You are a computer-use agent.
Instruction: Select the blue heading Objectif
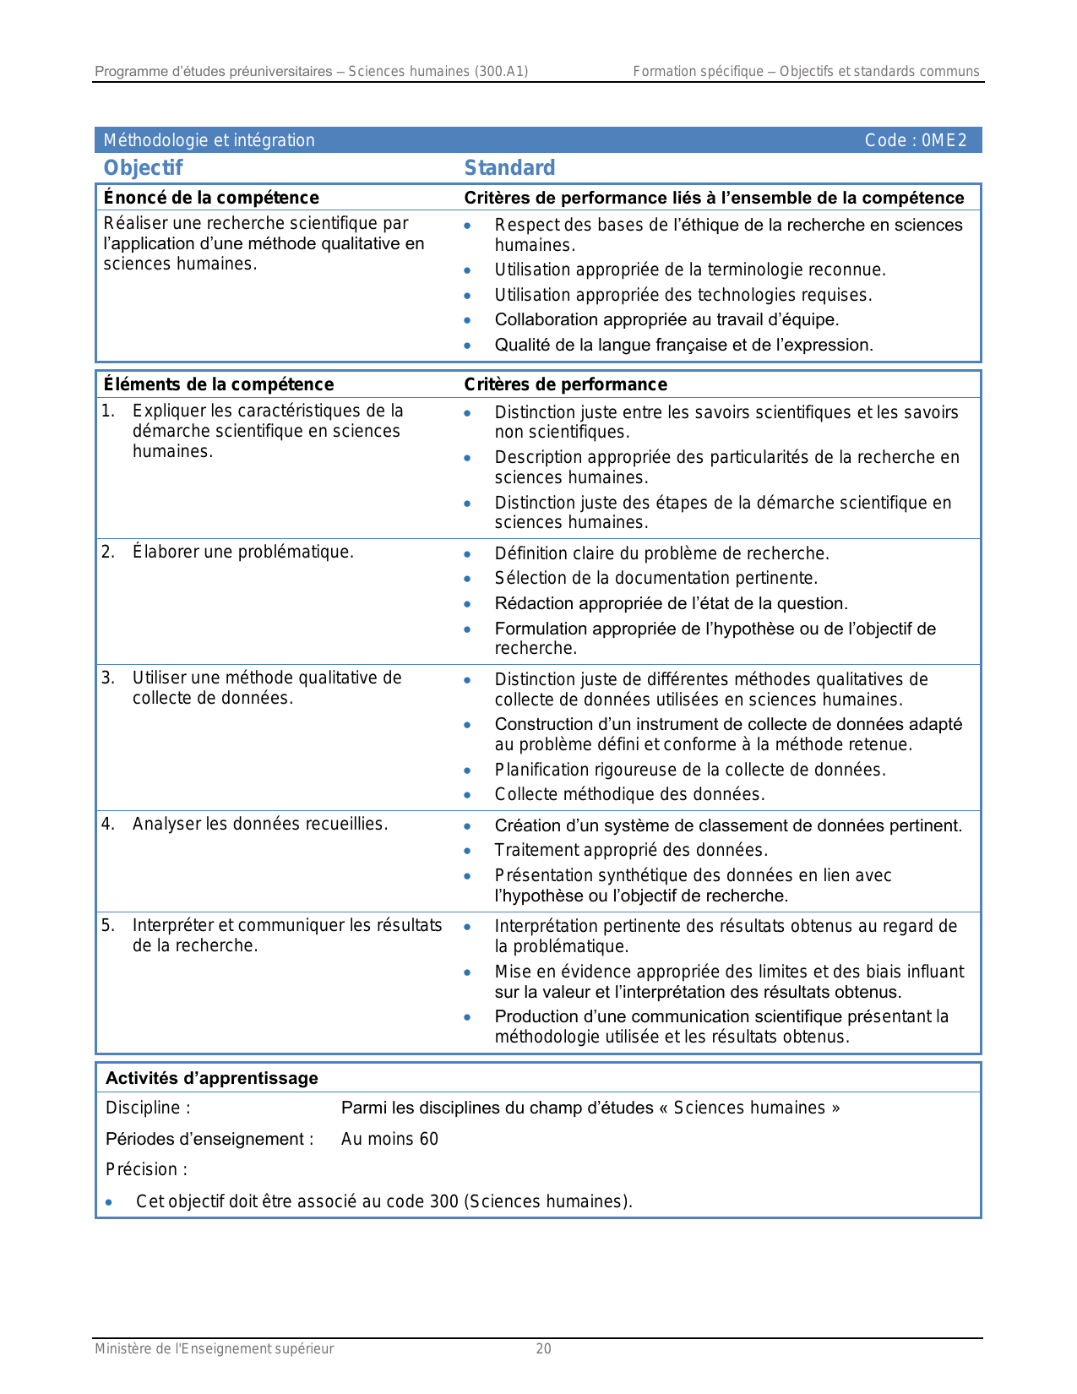tap(143, 167)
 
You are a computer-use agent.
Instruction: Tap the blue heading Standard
tap(509, 167)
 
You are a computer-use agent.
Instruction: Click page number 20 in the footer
tap(543, 1348)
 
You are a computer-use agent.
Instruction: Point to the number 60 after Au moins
tap(428, 1139)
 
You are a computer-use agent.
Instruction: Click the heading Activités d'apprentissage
tap(211, 1078)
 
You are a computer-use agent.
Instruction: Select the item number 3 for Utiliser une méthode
tap(107, 678)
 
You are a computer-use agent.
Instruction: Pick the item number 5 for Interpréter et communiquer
tap(107, 925)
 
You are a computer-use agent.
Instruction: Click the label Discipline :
tap(147, 1108)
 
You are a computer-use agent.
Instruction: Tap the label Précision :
tap(146, 1169)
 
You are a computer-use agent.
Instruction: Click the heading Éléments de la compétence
tap(218, 384)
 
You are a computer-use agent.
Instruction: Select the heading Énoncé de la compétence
tap(211, 198)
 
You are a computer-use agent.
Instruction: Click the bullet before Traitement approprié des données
tap(467, 851)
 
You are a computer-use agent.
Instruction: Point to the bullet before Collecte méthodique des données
tap(467, 795)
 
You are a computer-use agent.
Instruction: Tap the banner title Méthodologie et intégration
tap(209, 140)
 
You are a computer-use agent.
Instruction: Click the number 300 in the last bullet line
tap(443, 1201)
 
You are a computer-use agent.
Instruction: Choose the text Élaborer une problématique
tap(242, 552)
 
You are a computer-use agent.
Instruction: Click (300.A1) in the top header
tap(501, 71)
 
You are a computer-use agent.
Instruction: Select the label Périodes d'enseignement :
tap(209, 1139)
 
